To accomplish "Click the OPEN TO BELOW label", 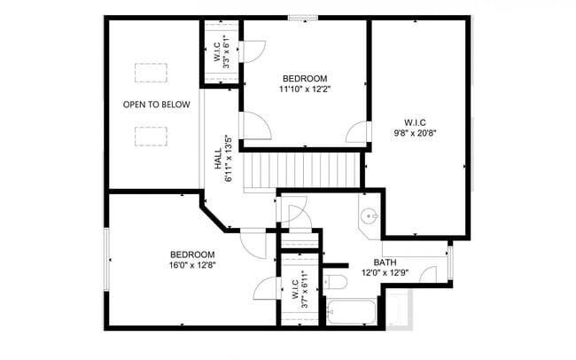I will [156, 105].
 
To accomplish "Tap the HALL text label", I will [218, 159].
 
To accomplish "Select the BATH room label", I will [385, 262].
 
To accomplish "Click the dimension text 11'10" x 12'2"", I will [304, 89].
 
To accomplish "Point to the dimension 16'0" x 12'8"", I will [193, 264].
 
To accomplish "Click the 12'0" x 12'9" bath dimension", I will [385, 273].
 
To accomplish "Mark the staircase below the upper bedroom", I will [303, 168].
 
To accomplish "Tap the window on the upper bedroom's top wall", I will [303, 17].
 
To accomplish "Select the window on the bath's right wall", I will [450, 262].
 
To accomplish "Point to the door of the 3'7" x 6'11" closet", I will [266, 287].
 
